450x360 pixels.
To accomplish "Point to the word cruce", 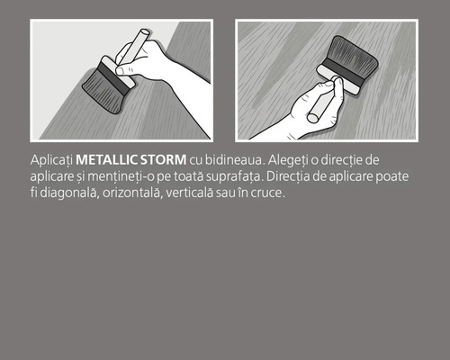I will click(267, 193).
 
